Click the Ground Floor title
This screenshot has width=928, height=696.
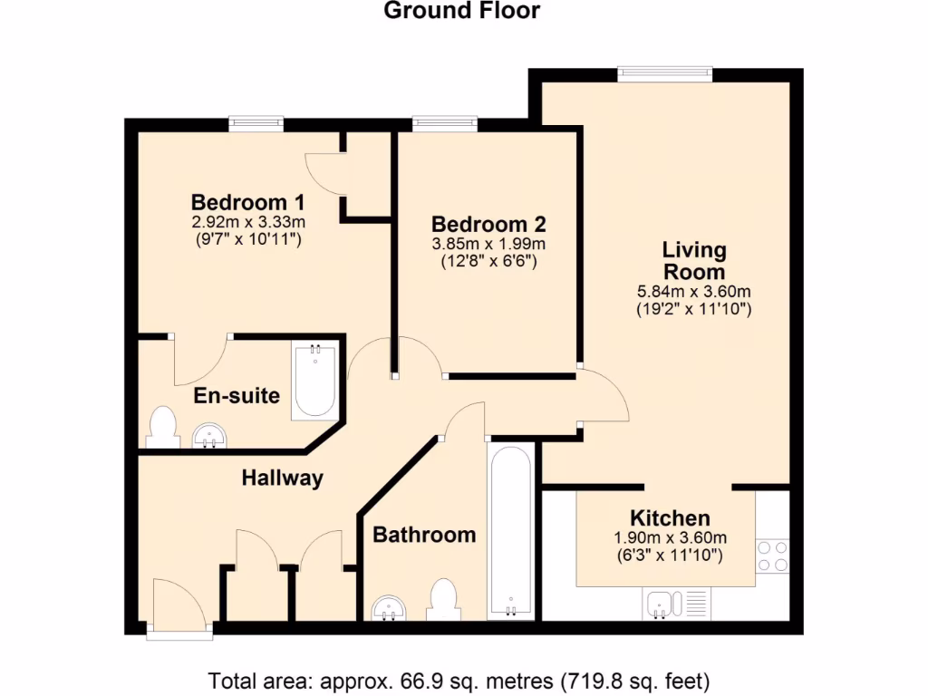pos(461,12)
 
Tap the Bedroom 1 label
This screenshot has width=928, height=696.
pos(247,201)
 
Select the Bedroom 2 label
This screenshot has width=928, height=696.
pos(488,224)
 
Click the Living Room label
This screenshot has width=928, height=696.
pos(694,260)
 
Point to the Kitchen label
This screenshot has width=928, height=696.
pos(670,518)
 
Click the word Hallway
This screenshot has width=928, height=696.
pos(282,478)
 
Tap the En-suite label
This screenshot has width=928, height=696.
pos(237,396)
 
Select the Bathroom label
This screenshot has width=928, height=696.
pos(424,535)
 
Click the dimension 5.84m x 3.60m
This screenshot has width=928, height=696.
pos(694,292)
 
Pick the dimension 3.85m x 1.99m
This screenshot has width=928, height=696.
pos(488,244)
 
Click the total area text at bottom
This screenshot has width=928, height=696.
pos(459,679)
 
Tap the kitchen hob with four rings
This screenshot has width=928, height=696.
pos(772,555)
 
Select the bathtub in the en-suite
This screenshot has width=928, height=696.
pos(314,381)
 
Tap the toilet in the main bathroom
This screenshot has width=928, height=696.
pos(443,598)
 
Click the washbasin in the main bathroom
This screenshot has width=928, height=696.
pos(391,606)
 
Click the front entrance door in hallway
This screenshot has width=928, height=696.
pos(179,605)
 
